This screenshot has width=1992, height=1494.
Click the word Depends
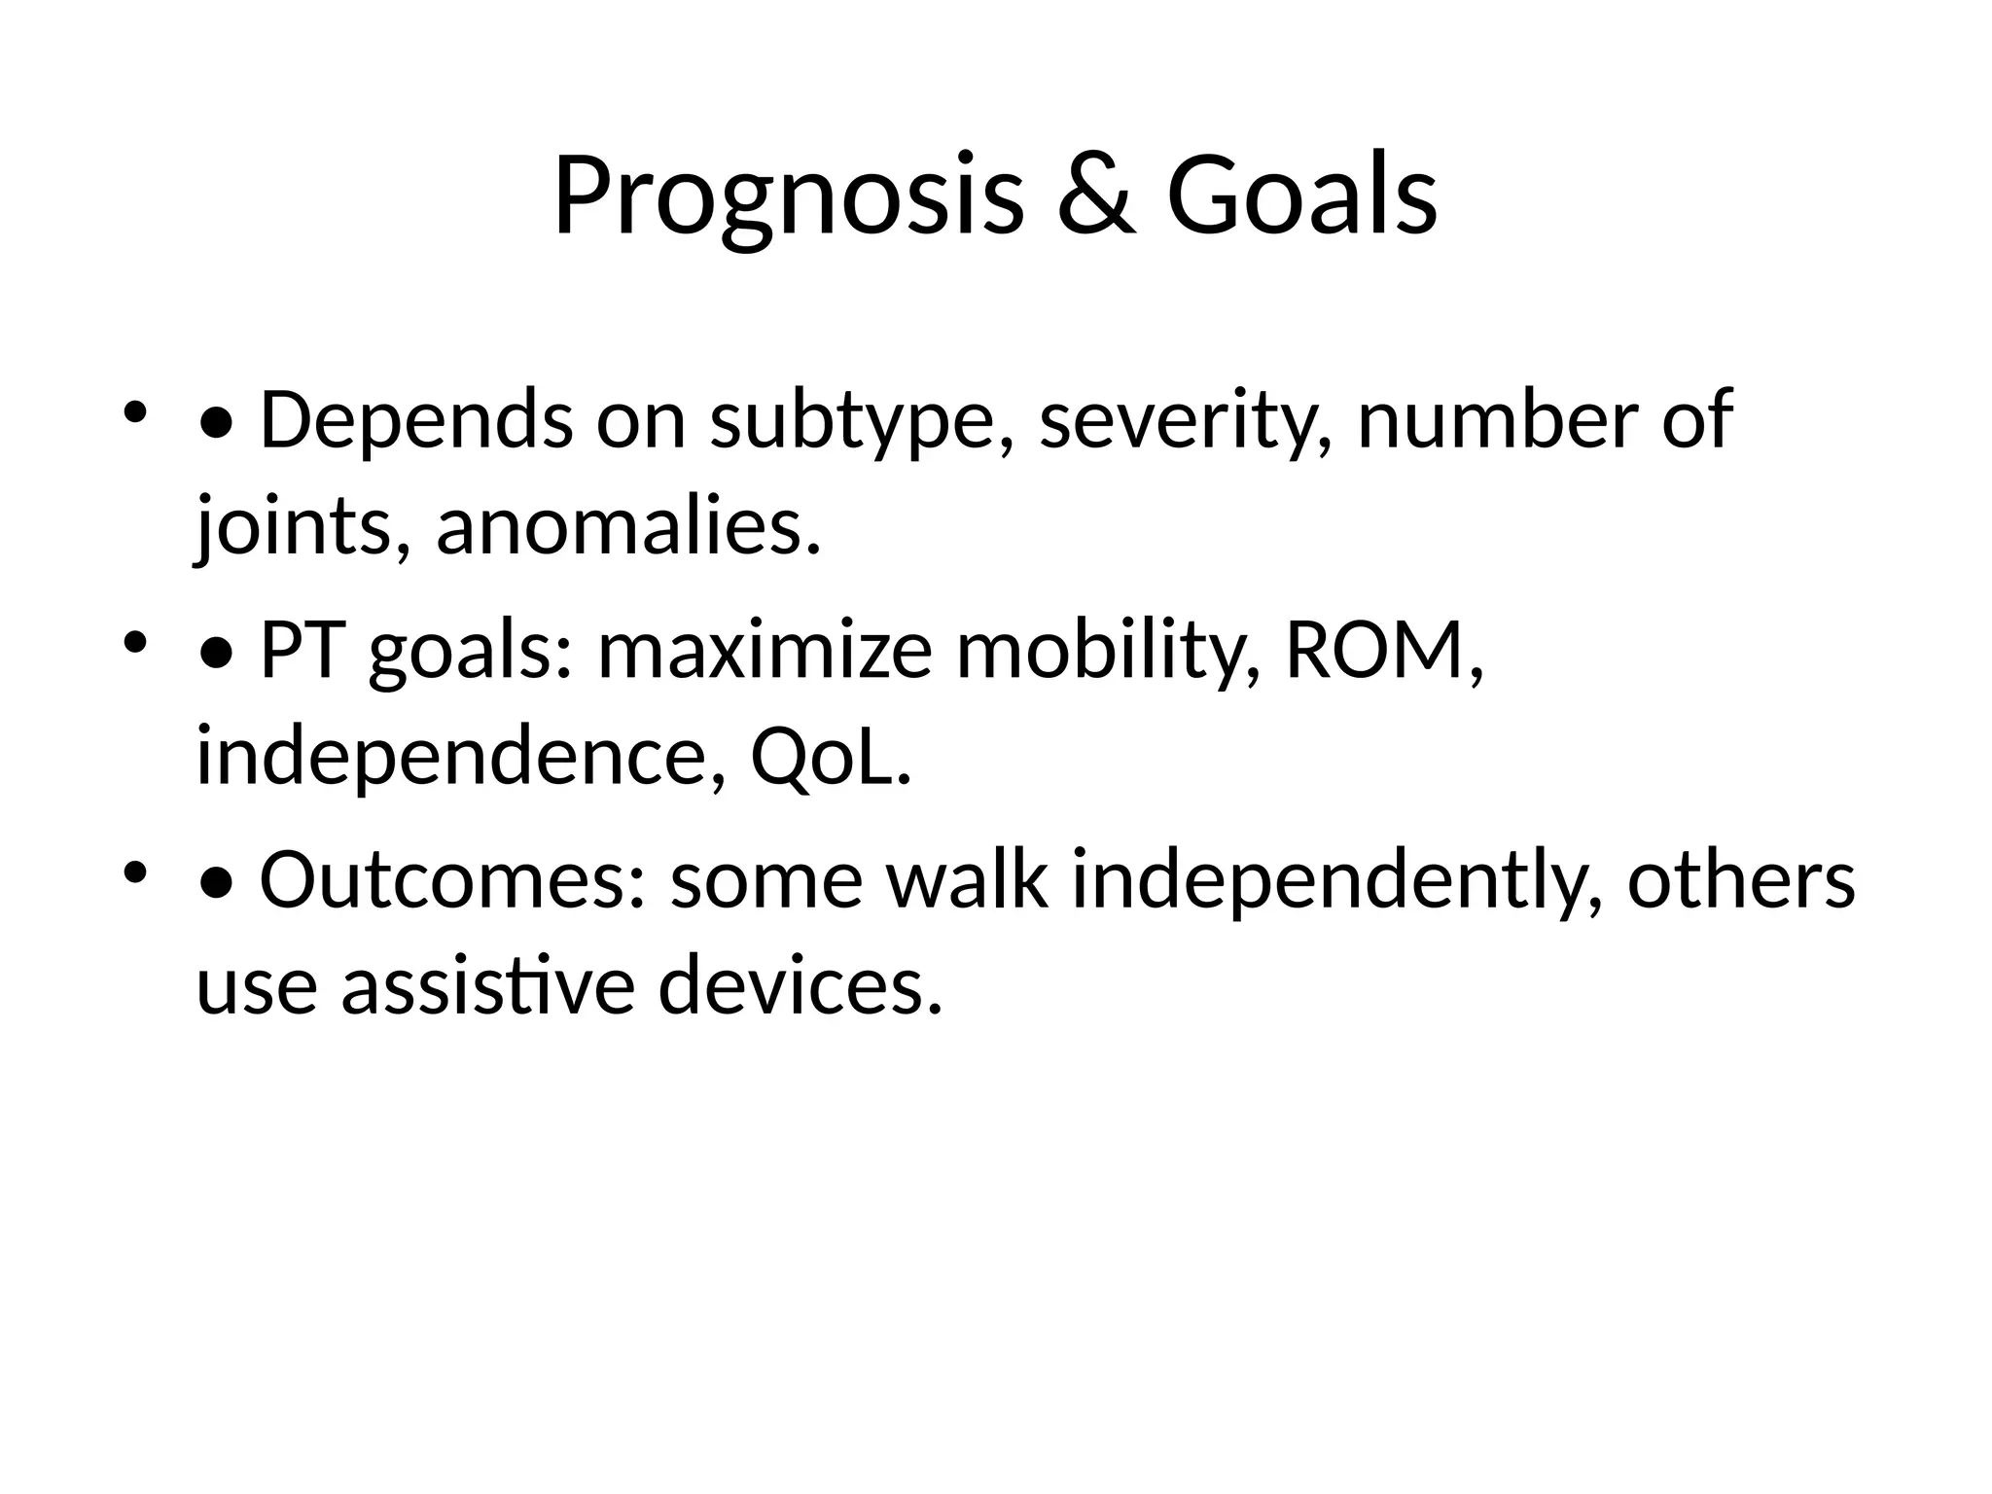(x=416, y=420)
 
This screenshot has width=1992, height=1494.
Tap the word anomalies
(x=627, y=527)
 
